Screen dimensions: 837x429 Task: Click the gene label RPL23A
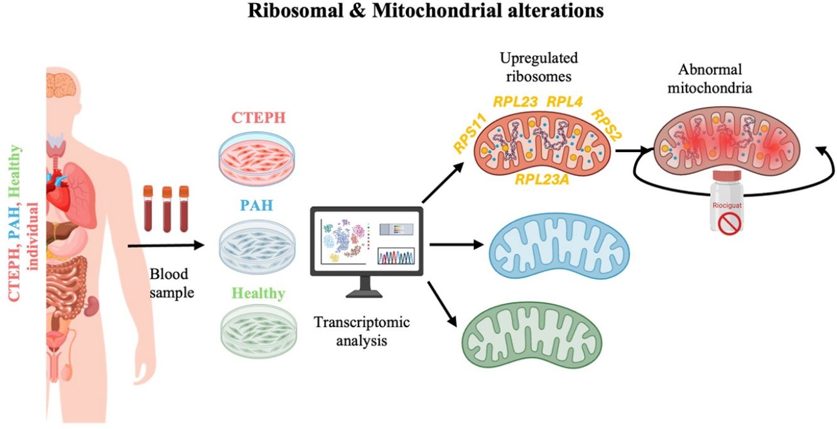pyautogui.click(x=542, y=180)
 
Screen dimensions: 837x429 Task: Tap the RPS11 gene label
pyautogui.click(x=470, y=134)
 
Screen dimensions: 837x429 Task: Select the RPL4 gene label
pyautogui.click(x=564, y=102)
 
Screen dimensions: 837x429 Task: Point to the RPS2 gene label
pyautogui.click(x=606, y=124)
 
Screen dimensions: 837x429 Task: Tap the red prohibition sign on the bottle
pyautogui.click(x=729, y=224)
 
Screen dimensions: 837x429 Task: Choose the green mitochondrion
pyautogui.click(x=532, y=335)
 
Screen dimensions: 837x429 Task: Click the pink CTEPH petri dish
pyautogui.click(x=257, y=158)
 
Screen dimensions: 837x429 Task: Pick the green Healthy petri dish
pyautogui.click(x=259, y=331)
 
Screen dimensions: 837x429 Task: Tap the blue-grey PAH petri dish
pyautogui.click(x=257, y=246)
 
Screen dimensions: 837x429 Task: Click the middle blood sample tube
pyautogui.click(x=166, y=209)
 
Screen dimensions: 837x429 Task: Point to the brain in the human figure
pyautogui.click(x=62, y=85)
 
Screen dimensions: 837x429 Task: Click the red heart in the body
pyautogui.click(x=58, y=190)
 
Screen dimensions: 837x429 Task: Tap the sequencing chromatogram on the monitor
pyautogui.click(x=396, y=256)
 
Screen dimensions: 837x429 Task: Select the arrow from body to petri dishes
pyautogui.click(x=166, y=246)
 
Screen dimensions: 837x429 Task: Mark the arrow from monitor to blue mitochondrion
pyautogui.click(x=456, y=245)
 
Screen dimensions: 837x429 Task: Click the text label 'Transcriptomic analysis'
pyautogui.click(x=361, y=331)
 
